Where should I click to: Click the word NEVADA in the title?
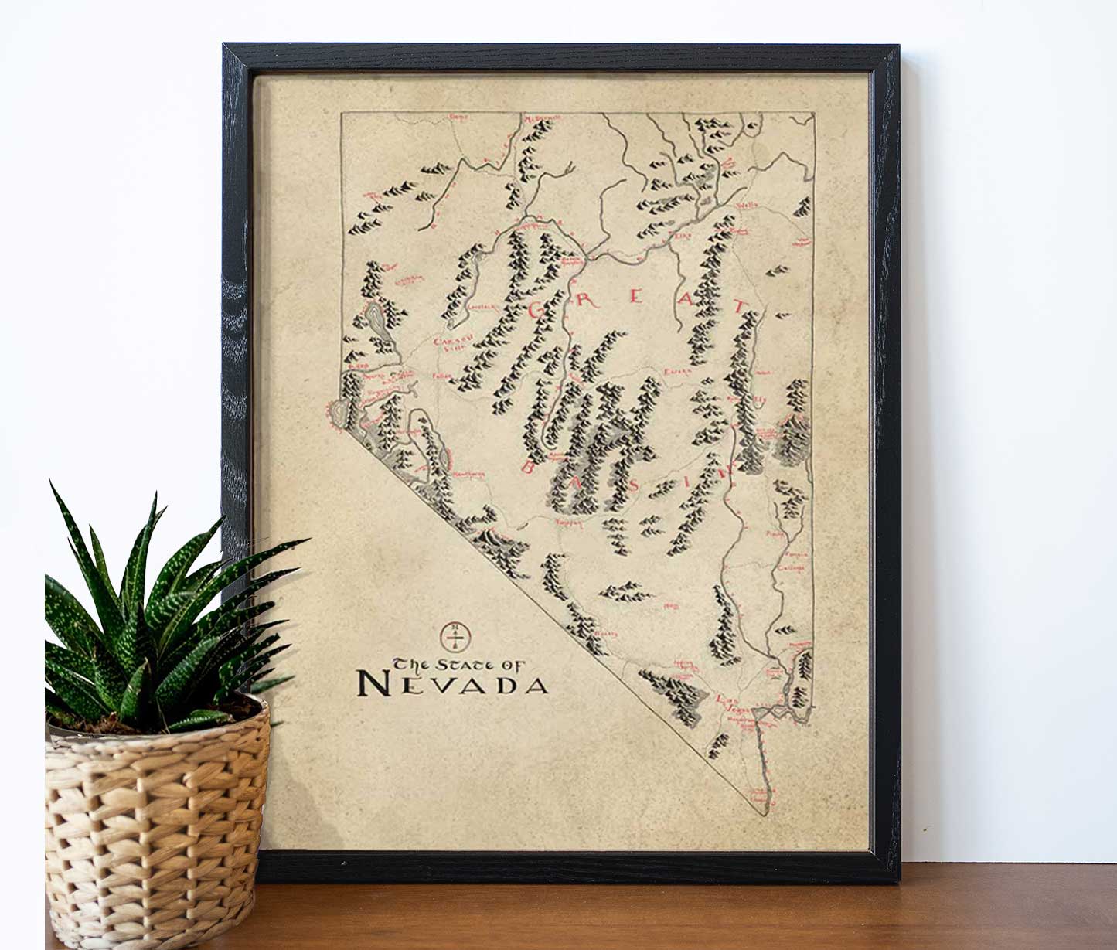point(453,684)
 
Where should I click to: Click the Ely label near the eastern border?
point(759,400)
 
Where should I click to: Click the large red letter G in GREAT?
point(540,309)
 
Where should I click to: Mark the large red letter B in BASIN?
point(530,466)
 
